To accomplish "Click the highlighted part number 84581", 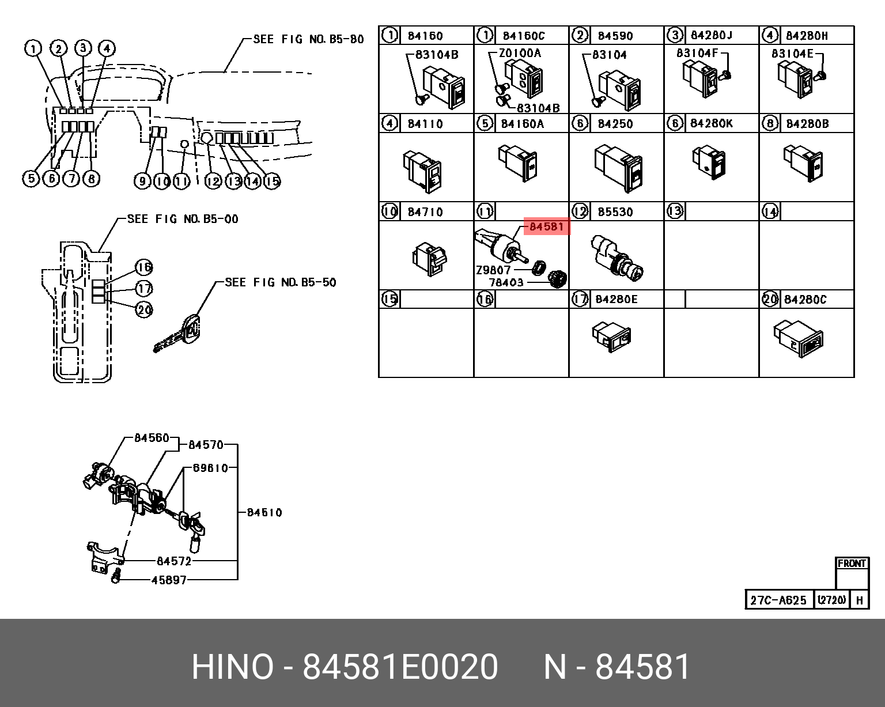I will [x=546, y=226].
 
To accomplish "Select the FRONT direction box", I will [x=852, y=564].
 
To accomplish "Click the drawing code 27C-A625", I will [x=778, y=600].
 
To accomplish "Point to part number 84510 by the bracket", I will [x=264, y=512].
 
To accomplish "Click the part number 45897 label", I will [x=169, y=580].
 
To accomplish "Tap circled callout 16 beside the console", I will [x=144, y=267].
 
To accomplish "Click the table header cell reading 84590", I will [x=615, y=36].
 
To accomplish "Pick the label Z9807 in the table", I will [x=493, y=270].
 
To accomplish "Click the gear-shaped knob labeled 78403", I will [x=557, y=279].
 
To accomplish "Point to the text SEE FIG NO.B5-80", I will [x=308, y=39].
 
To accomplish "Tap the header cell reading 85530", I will [x=615, y=212].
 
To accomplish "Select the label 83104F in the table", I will [x=697, y=53].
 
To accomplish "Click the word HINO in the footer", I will [x=232, y=667].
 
